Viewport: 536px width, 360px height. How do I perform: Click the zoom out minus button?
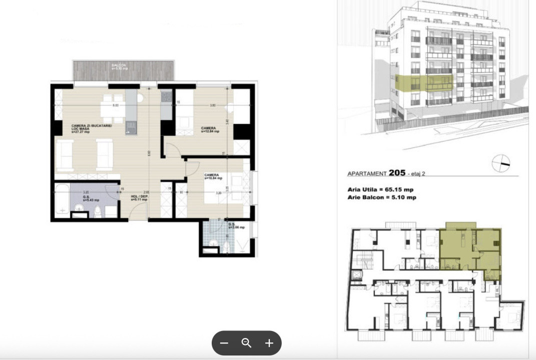pyautogui.click(x=224, y=343)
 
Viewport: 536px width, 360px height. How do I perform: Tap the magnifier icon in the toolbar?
pyautogui.click(x=246, y=343)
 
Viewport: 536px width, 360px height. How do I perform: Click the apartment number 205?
pyautogui.click(x=397, y=173)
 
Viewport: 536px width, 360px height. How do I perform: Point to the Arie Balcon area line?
pyautogui.click(x=381, y=197)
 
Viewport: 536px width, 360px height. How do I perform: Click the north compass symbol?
pyautogui.click(x=500, y=163)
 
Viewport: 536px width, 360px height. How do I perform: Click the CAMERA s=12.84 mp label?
pyautogui.click(x=210, y=130)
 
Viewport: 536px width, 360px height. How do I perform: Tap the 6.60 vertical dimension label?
pyautogui.click(x=149, y=154)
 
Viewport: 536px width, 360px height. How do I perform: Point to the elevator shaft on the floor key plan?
pyautogui.click(x=357, y=275)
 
